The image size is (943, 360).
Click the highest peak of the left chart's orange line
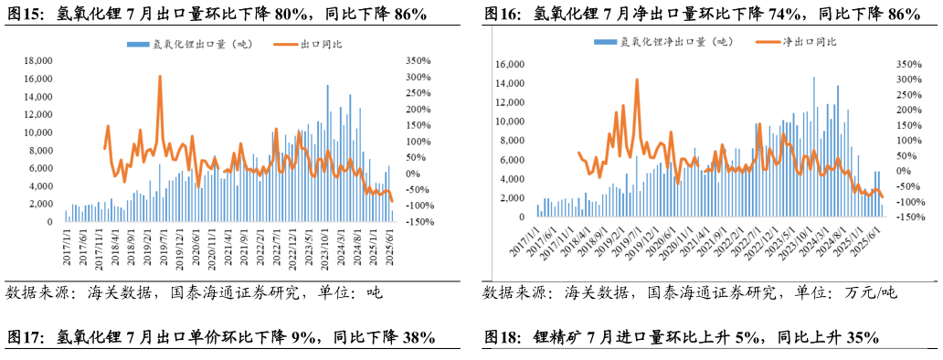pyautogui.click(x=160, y=77)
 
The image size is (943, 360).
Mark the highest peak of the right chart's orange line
pyautogui.click(x=637, y=79)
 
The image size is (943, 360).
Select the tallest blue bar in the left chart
pyautogui.click(x=328, y=86)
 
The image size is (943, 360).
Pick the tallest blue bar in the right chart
pyautogui.click(x=814, y=78)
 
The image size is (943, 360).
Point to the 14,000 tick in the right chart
pyautogui.click(x=509, y=84)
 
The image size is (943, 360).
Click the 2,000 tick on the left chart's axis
pyautogui.click(x=41, y=205)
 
